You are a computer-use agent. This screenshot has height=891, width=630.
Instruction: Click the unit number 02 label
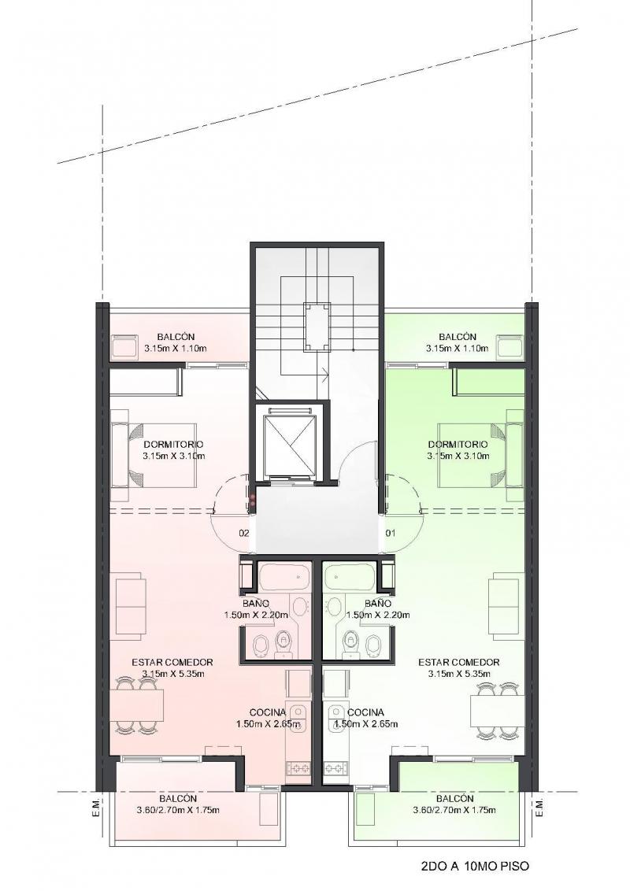[244, 533]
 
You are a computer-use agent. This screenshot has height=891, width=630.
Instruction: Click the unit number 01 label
[391, 533]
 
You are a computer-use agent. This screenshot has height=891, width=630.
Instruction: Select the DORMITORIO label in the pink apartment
[173, 445]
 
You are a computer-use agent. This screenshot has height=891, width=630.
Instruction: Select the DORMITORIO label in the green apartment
[458, 445]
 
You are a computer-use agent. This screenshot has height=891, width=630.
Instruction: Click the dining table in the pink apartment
[140, 705]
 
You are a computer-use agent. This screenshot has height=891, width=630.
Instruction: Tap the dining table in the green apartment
[495, 711]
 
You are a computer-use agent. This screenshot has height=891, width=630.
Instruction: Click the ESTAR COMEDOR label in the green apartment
[459, 663]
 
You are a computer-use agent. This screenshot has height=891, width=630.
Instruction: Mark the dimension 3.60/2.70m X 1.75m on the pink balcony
[178, 810]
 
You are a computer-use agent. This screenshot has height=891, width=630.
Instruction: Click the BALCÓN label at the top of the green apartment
[458, 337]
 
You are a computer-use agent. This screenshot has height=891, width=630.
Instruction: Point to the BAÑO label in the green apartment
[378, 604]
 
